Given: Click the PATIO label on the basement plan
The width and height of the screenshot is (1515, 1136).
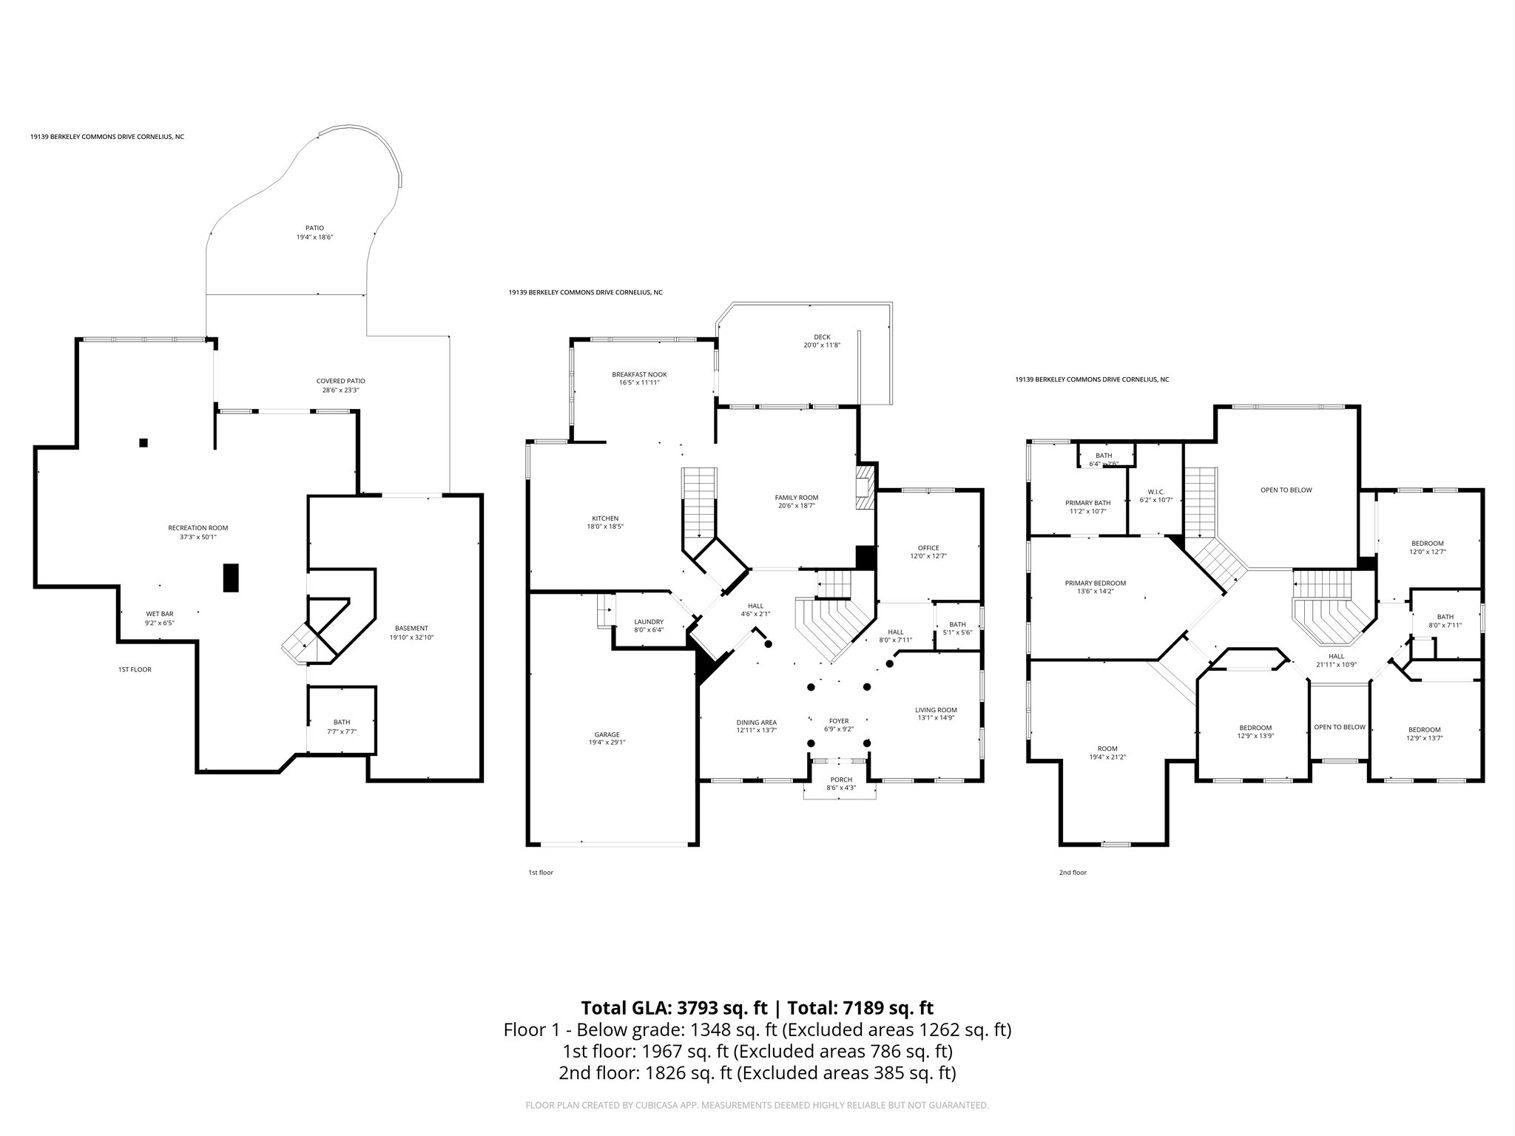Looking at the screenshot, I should click(x=314, y=228).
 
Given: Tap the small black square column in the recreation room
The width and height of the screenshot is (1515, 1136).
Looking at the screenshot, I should click(x=144, y=443).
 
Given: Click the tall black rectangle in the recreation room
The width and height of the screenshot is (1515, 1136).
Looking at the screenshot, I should click(x=232, y=578).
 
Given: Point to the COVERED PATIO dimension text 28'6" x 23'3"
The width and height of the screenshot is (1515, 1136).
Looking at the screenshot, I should click(x=340, y=390).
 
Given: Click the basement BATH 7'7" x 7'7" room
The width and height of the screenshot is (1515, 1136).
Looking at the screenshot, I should click(x=342, y=722).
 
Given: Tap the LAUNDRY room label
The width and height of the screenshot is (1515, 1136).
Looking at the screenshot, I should click(x=649, y=621).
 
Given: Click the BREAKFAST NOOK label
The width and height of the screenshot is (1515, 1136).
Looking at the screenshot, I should click(x=639, y=374).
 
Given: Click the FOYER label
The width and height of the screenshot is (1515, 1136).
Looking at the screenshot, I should click(x=838, y=720).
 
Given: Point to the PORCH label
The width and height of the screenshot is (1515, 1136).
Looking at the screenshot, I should click(x=841, y=780).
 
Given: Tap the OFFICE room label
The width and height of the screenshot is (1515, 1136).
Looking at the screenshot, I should click(x=928, y=548).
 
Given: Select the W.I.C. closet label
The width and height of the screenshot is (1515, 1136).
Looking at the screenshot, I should click(x=1156, y=492).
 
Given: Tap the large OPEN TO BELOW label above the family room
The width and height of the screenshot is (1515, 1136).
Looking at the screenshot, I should click(x=1286, y=490).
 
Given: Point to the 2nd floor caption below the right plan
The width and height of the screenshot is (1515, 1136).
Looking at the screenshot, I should click(x=1073, y=873).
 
